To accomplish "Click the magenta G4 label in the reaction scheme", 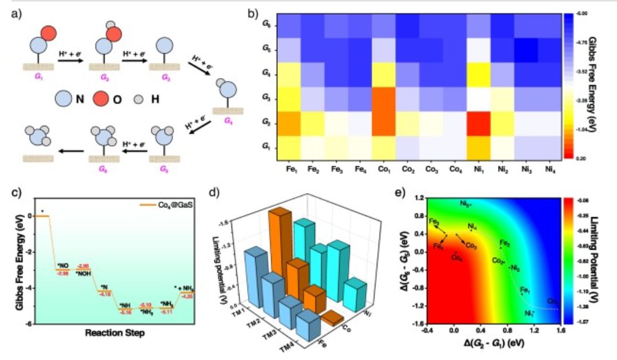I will pyautogui.click(x=228, y=121).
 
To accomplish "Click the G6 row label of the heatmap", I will pyautogui.click(x=267, y=25).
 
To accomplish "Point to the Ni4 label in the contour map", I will pyautogui.click(x=472, y=227).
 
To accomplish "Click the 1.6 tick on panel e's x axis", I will pyautogui.click(x=560, y=330).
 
